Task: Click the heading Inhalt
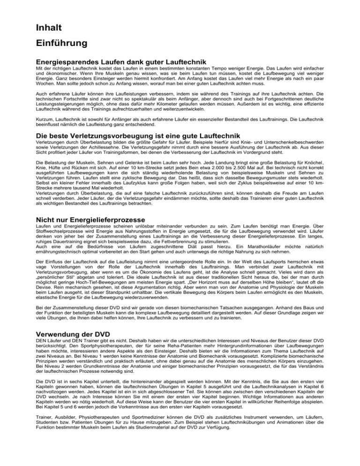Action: pos(52,29)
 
